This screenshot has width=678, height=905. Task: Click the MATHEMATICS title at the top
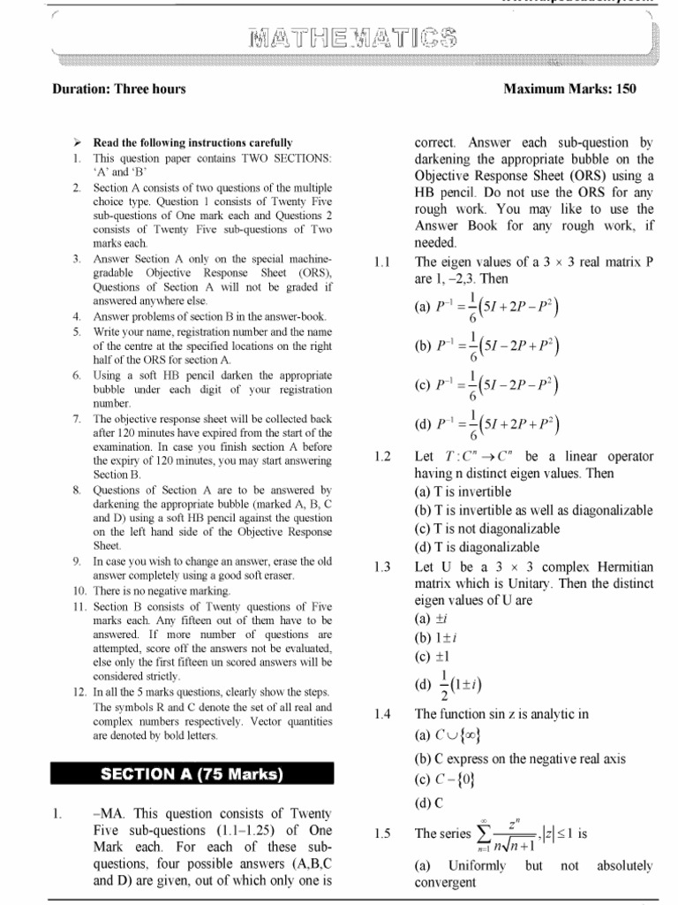[352, 38]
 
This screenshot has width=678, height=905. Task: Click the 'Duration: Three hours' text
[118, 89]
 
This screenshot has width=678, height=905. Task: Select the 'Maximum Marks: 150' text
[569, 89]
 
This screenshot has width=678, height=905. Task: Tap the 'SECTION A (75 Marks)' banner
[192, 775]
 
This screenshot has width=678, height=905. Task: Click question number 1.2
[381, 457]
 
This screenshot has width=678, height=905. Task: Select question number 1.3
[381, 567]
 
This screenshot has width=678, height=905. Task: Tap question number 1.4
[381, 714]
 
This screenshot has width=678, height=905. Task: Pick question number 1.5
[381, 833]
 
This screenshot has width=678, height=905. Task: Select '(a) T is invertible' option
[463, 492]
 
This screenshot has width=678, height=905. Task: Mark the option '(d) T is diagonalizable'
[477, 547]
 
